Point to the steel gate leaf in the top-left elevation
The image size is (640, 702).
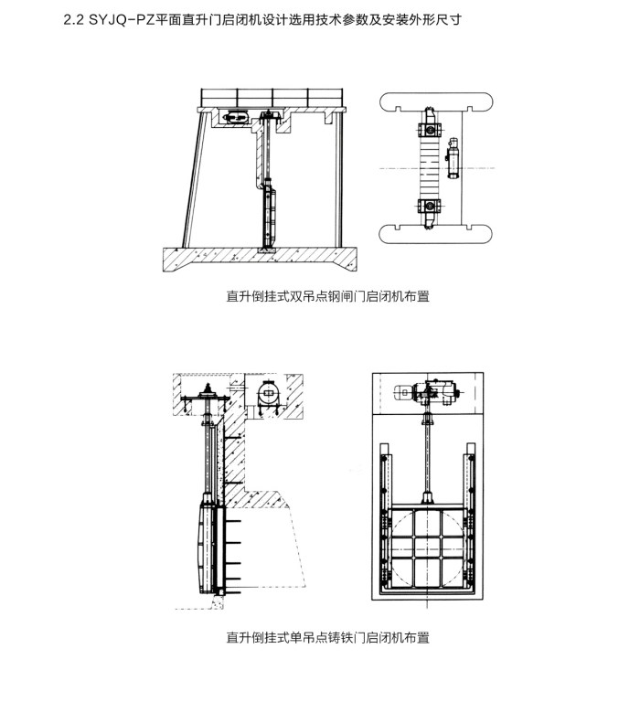coord(271,217)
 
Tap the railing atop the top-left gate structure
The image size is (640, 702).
coord(274,96)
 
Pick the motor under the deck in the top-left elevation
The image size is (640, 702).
coord(233,117)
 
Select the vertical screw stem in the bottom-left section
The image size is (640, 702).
coord(212,457)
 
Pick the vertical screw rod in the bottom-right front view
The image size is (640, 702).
coord(427,457)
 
